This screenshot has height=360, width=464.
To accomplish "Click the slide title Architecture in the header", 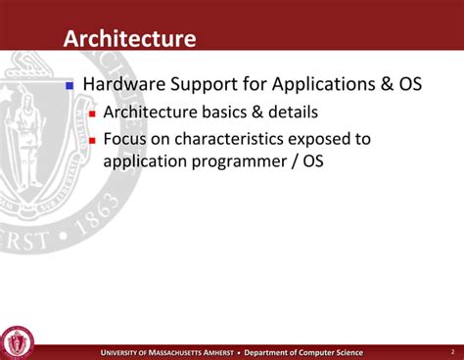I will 129,38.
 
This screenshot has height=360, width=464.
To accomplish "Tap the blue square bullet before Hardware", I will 70,85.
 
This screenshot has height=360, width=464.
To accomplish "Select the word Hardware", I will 123,84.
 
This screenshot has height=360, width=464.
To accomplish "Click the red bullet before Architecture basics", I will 93,113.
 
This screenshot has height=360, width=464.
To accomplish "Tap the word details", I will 293,112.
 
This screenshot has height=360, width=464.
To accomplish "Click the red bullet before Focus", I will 93,140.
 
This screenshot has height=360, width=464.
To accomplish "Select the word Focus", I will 125,139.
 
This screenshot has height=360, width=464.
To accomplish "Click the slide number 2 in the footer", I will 452,351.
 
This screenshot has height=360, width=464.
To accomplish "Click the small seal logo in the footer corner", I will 17,342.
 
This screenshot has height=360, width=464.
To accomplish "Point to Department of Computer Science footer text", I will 303,352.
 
